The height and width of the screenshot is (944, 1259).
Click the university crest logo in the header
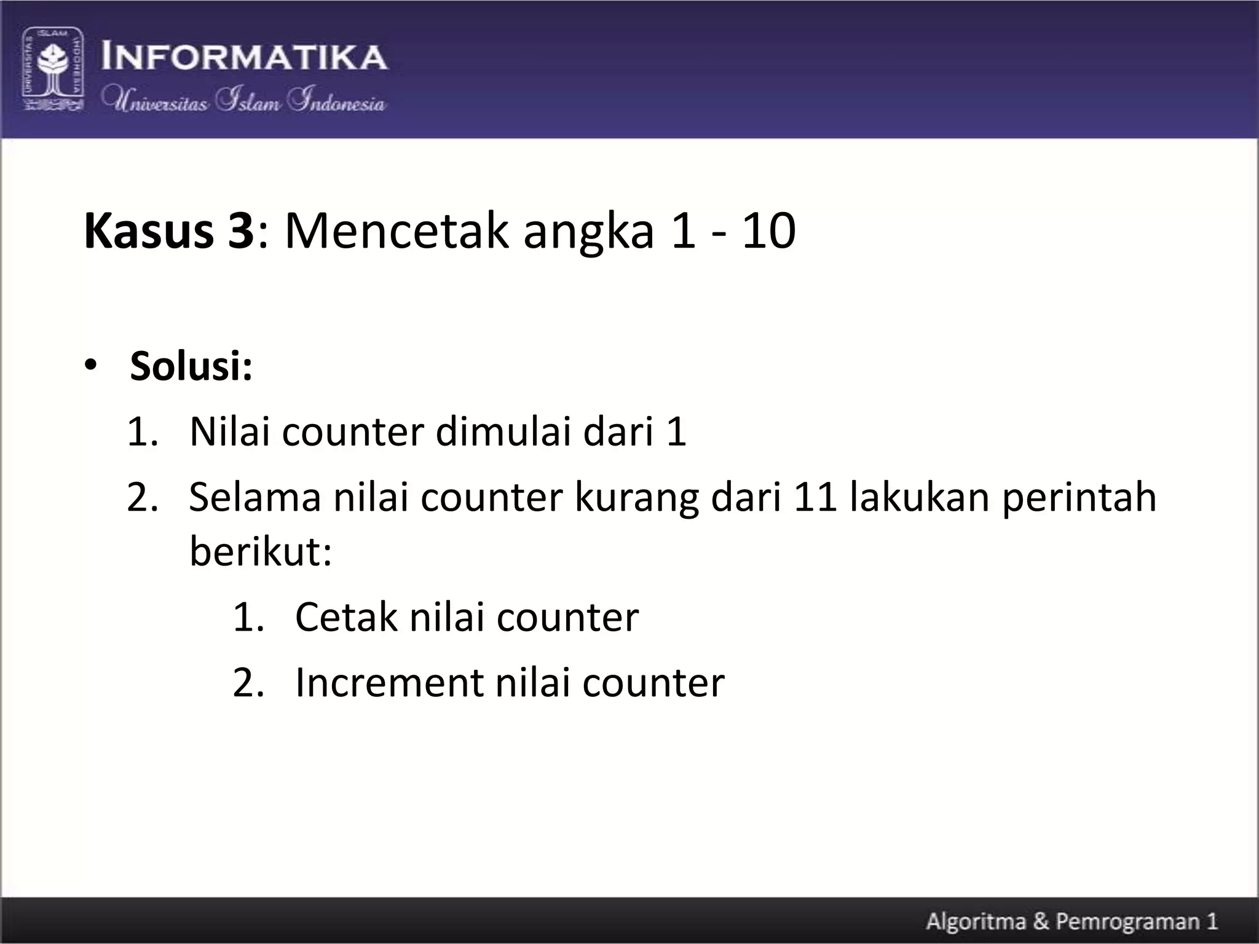(53, 69)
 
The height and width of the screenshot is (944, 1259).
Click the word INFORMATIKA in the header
(244, 57)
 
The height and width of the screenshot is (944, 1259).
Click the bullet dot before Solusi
(91, 366)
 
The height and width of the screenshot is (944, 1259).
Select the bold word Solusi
(191, 366)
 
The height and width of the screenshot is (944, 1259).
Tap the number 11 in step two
(815, 497)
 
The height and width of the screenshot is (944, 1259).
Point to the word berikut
(261, 551)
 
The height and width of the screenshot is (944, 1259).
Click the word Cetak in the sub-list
(346, 616)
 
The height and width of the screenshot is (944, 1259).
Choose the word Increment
(389, 682)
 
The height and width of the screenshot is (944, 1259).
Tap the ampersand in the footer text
(1041, 922)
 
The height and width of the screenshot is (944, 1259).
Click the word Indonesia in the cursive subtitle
(337, 101)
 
